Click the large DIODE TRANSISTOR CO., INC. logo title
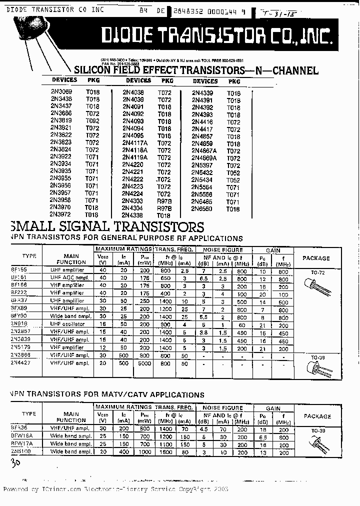[x=216, y=36]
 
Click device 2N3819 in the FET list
[x=61, y=121]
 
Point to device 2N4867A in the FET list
[x=204, y=150]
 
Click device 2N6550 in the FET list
[x=202, y=209]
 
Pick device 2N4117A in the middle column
[x=135, y=143]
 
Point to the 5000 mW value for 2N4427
[x=145, y=363]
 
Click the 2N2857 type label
[x=20, y=331]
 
